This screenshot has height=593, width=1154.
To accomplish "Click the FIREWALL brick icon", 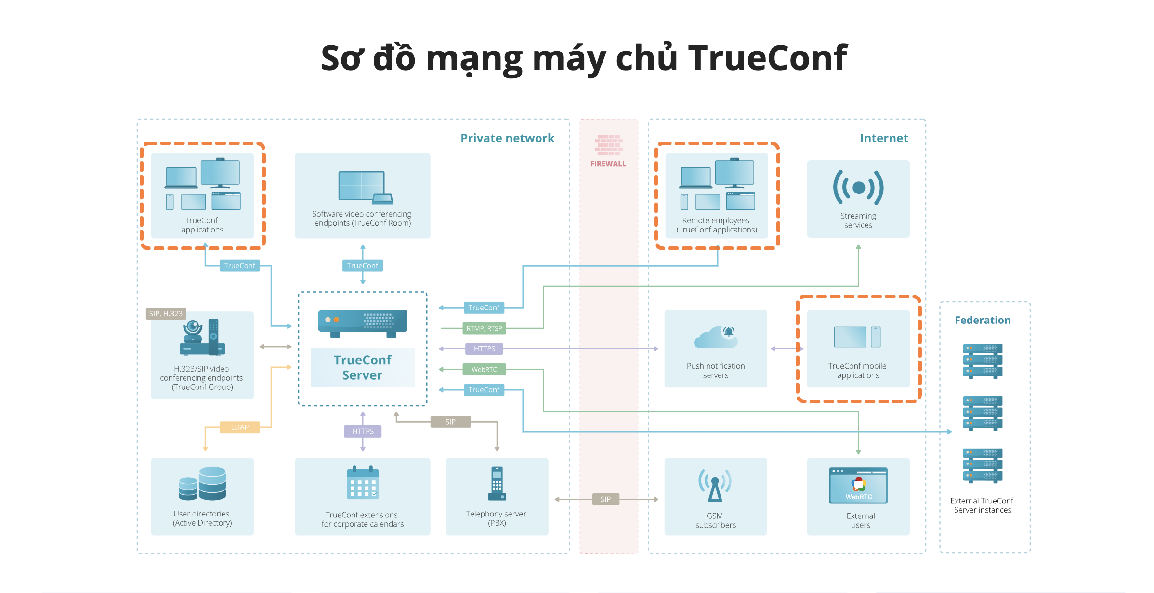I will pos(609,144).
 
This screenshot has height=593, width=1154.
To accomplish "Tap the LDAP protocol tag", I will pos(239,427).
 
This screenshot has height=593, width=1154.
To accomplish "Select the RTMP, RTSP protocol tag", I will pos(484,328).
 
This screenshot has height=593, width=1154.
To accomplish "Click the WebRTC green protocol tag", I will pos(484,369).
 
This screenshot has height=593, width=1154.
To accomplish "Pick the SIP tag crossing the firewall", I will pos(605,499).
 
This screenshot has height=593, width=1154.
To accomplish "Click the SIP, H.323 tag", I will pos(166,313).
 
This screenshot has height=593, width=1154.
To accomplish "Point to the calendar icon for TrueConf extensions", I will pos(363,483).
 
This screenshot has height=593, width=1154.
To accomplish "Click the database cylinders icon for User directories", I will pos(202,484).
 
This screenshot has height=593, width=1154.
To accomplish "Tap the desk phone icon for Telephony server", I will pos(497,484).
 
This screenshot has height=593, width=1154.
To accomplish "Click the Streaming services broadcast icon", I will pos(858,188).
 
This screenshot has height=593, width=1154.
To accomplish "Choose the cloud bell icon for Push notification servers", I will pos(716,336).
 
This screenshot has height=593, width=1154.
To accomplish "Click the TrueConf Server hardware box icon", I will pos(363,323).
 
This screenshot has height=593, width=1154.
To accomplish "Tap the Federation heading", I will pos(983,320).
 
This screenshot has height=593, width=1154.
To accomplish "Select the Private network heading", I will pos(507,138).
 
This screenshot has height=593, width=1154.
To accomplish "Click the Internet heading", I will pos(884,138).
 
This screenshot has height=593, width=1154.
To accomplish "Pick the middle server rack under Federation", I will pos(983,413).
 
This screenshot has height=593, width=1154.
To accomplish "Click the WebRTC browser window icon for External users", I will pos(858,485).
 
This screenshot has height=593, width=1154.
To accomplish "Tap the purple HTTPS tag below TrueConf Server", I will pos(363,431).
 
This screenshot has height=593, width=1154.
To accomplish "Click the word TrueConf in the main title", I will pos(767,58).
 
